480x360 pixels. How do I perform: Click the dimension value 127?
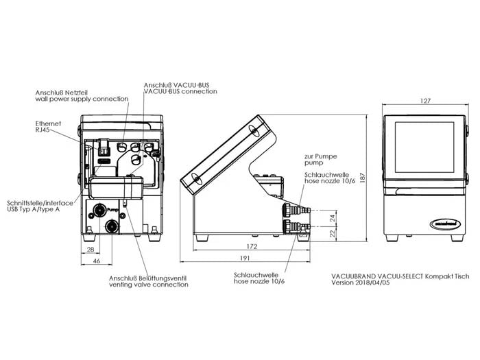pyautogui.click(x=426, y=101)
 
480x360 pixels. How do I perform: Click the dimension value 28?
pyautogui.click(x=92, y=250)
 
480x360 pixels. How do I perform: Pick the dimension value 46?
pyautogui.click(x=97, y=262)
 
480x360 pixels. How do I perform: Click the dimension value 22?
pyautogui.click(x=332, y=233)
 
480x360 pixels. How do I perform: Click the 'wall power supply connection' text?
pyautogui.click(x=82, y=99)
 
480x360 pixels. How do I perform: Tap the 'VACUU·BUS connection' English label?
pyautogui.click(x=180, y=91)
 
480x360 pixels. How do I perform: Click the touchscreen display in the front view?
pyautogui.click(x=425, y=152)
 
